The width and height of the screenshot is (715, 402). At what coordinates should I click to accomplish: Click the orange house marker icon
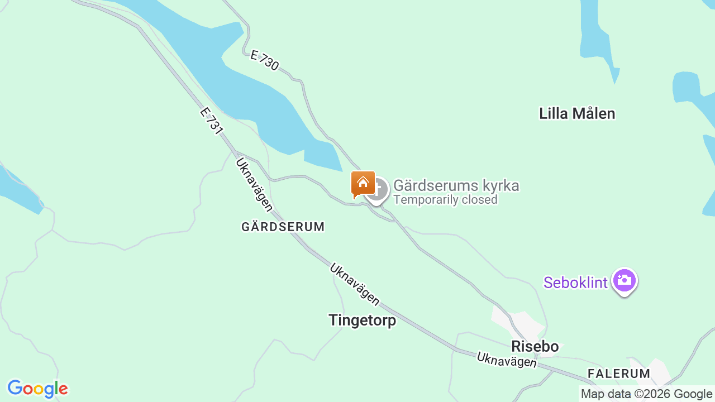tap(363, 184)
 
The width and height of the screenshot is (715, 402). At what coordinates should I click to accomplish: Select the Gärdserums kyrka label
tap(456, 185)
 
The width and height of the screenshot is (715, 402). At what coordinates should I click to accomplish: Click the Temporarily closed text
tap(445, 199)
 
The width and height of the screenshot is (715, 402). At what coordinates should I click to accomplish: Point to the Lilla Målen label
tap(577, 113)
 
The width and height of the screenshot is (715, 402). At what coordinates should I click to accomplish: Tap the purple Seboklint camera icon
tap(625, 280)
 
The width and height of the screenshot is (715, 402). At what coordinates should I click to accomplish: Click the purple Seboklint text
tap(575, 283)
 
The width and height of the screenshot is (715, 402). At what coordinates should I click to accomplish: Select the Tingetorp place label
tap(362, 320)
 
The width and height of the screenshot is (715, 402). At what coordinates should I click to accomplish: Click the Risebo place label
tap(535, 346)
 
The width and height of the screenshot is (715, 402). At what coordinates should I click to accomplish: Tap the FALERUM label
tap(619, 374)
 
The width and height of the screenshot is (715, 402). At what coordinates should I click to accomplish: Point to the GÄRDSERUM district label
tap(283, 227)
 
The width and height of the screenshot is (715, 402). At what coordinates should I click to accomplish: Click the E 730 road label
tap(265, 60)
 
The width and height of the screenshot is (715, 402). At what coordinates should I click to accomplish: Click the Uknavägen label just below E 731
tap(254, 185)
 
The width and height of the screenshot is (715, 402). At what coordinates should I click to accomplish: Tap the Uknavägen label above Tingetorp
tap(354, 285)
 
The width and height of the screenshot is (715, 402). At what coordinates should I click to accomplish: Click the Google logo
tap(37, 389)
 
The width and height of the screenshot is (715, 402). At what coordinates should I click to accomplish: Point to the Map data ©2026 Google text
tap(646, 394)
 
